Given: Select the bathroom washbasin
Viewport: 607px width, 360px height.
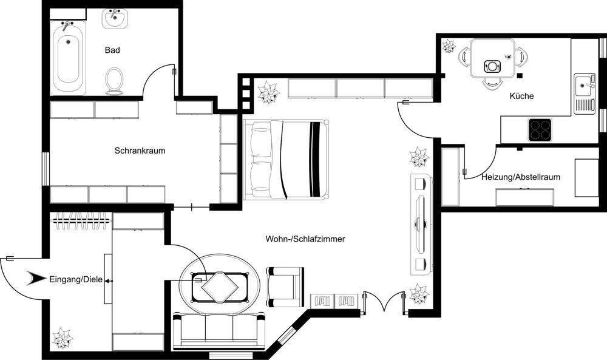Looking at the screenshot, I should [x=115, y=19].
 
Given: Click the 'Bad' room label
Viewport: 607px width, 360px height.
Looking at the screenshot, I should [x=112, y=50].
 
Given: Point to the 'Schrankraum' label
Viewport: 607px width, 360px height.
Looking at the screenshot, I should [x=140, y=151].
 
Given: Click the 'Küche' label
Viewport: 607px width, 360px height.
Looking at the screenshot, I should [x=522, y=96].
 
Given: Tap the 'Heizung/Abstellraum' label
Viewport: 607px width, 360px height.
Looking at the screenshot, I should [x=520, y=177].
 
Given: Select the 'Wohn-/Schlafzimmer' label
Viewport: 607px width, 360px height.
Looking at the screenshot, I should [x=305, y=239].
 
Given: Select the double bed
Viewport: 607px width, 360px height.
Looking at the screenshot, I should [x=287, y=160].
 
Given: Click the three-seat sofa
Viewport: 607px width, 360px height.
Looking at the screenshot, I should [x=219, y=331].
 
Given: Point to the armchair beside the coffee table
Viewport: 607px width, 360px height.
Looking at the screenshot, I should [x=284, y=285].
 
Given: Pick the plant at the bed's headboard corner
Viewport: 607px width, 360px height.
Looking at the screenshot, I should [x=266, y=93].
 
